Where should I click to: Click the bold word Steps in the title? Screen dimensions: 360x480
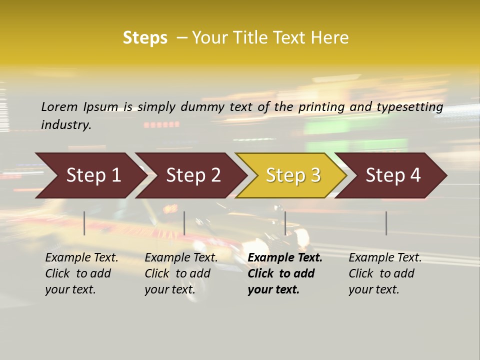click(x=145, y=38)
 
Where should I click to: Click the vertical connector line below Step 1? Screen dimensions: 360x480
click(x=84, y=223)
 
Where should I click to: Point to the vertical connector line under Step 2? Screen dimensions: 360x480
click(x=184, y=223)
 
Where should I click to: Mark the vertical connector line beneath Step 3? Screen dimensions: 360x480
click(x=285, y=223)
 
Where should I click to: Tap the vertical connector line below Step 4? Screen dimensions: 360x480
click(x=386, y=223)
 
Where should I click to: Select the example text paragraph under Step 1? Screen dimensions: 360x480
click(x=81, y=273)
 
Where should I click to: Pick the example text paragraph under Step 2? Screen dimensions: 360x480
click(x=181, y=273)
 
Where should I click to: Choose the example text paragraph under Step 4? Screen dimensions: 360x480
click(x=385, y=273)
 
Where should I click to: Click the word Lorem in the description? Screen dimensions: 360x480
click(x=59, y=107)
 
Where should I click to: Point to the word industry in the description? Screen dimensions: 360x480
click(x=66, y=125)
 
